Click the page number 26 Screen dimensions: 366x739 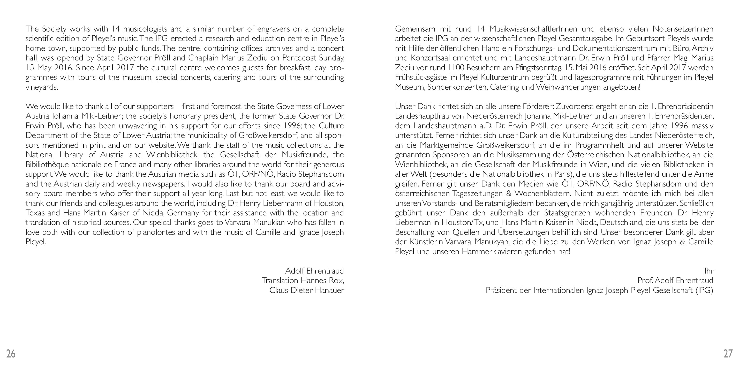tap(11, 354)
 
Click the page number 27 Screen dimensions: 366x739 tap(728, 354)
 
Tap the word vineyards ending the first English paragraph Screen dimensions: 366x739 tap(42, 87)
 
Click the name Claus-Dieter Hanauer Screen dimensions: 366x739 tap(307, 290)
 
